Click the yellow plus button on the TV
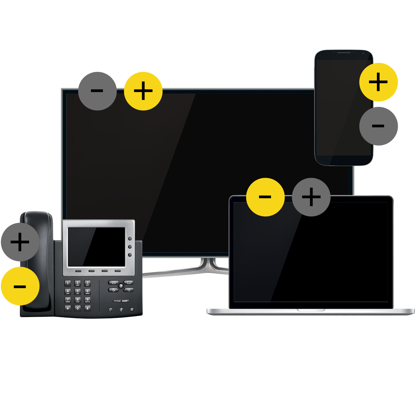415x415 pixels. [x=143, y=91]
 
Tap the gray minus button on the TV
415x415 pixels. [x=97, y=91]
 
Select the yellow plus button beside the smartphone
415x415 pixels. [x=378, y=82]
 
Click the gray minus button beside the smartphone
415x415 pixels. [x=378, y=126]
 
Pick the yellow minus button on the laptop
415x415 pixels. [x=265, y=197]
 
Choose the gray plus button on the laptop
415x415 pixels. [x=311, y=197]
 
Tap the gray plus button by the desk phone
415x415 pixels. [x=20, y=242]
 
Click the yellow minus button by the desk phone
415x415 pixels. [x=20, y=286]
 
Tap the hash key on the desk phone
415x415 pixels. [x=87, y=307]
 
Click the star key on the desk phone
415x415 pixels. [x=68, y=307]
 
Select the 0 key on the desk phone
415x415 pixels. [x=77, y=307]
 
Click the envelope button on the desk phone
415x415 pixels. [x=113, y=283]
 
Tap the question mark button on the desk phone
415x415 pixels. [x=121, y=286]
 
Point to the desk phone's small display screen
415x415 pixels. [x=96, y=247]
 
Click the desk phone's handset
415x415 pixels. [x=37, y=263]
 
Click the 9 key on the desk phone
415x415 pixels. [x=87, y=299]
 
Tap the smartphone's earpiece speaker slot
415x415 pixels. [x=344, y=53]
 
